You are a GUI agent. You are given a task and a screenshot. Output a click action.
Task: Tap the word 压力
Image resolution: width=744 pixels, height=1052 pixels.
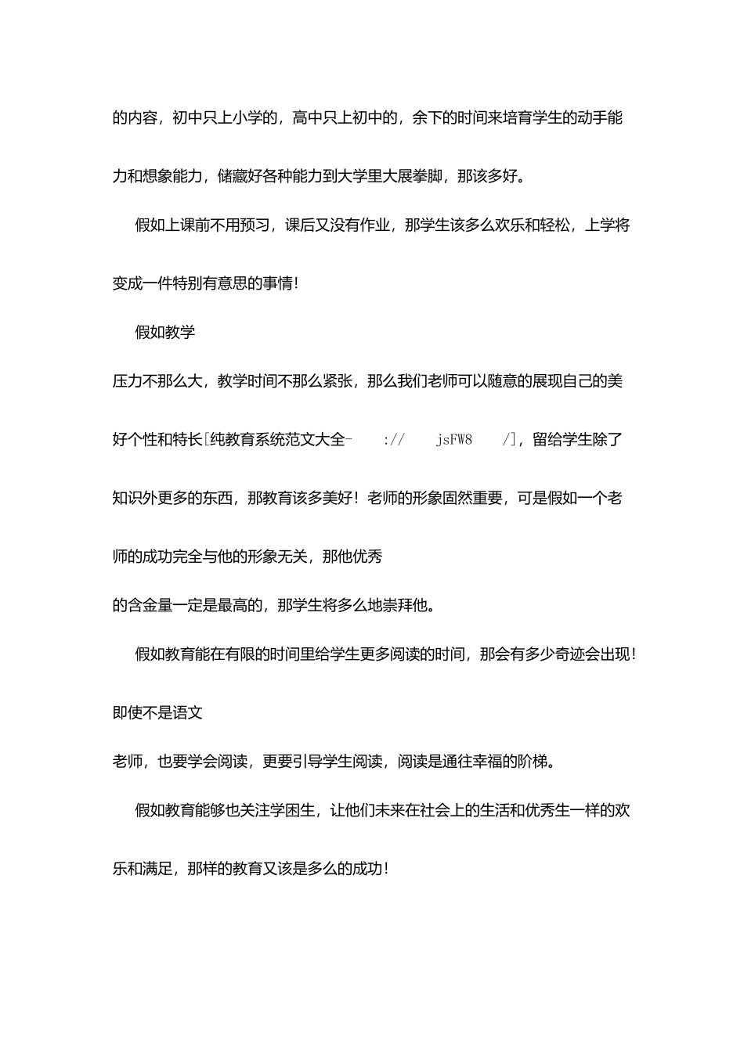coord(128,381)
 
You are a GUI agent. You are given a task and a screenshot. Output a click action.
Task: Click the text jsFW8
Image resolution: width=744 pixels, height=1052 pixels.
coord(454,440)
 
